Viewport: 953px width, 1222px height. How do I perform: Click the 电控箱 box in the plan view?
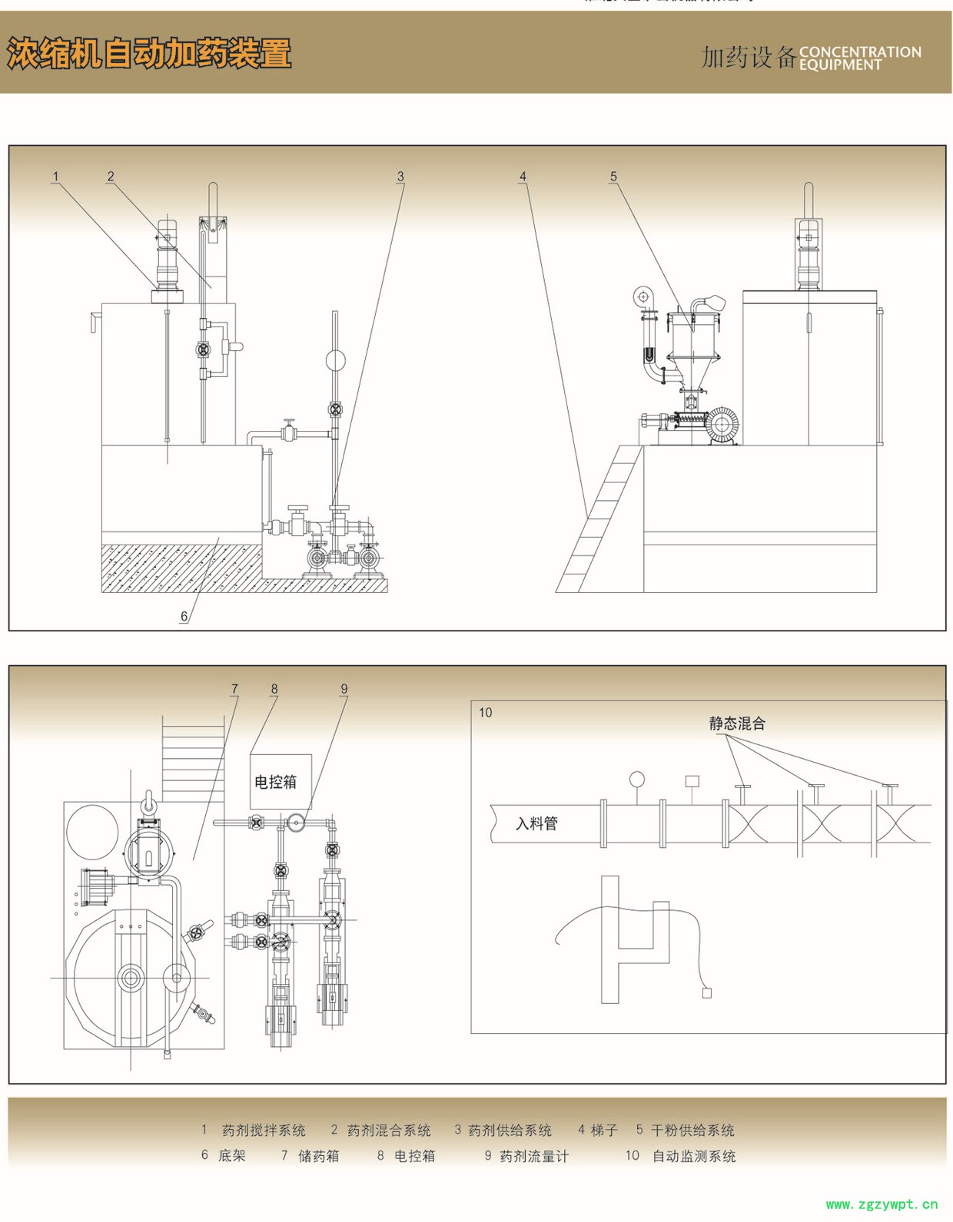[x=276, y=782]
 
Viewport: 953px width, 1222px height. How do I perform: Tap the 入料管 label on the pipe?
[x=536, y=824]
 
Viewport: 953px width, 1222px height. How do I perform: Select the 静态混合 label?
[x=737, y=724]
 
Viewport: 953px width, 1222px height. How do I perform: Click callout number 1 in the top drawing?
[x=55, y=177]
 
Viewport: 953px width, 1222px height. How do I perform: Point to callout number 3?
[x=400, y=177]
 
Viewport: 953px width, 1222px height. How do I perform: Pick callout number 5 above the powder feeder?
[x=613, y=177]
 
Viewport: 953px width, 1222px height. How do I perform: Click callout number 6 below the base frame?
[x=184, y=616]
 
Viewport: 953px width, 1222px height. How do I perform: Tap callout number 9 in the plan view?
[x=344, y=689]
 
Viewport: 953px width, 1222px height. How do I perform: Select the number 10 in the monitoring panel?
[x=485, y=713]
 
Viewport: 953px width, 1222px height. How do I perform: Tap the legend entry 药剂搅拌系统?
[x=264, y=1131]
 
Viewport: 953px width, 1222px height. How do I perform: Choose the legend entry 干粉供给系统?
[x=692, y=1131]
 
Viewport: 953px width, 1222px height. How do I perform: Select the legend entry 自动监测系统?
[x=694, y=1156]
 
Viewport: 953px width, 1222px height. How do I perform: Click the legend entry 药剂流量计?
[x=534, y=1156]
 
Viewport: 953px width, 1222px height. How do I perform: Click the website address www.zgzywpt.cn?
[x=882, y=1204]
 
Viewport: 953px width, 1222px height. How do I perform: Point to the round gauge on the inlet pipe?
[x=637, y=780]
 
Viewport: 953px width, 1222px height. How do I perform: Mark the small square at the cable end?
[x=707, y=993]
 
